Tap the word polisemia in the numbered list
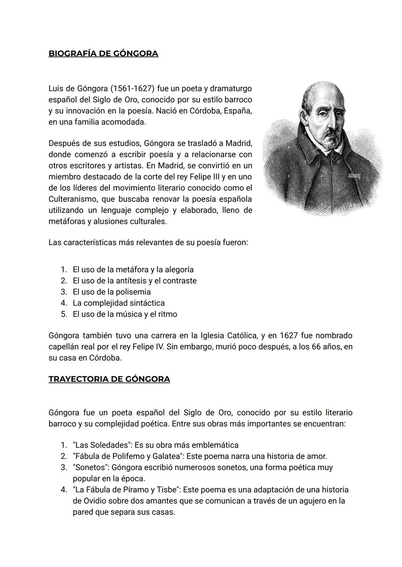pyautogui.click(x=133, y=292)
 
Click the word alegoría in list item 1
pyautogui.click(x=178, y=270)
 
